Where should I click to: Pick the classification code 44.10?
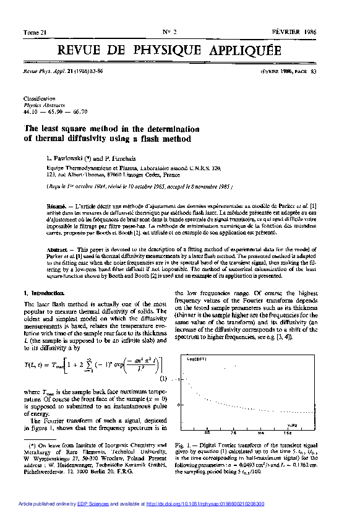(x=30, y=111)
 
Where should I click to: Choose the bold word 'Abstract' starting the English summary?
(x=56, y=249)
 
